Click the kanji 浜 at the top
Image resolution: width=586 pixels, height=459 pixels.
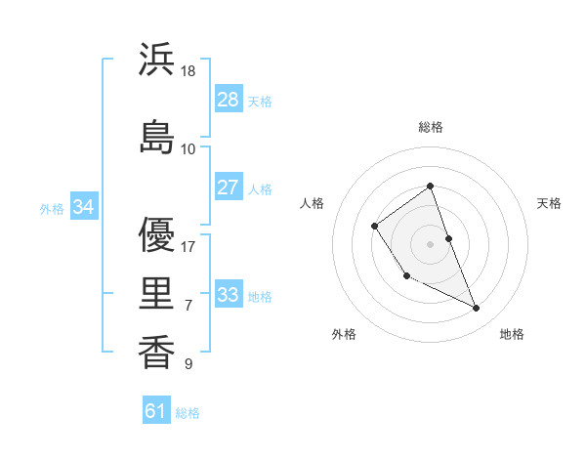pos(157,60)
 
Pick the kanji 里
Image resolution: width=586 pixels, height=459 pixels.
pos(157,292)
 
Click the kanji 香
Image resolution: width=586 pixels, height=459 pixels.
pos(157,351)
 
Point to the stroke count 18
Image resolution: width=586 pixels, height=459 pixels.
pos(189,71)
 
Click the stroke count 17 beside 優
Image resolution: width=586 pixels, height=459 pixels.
pos(189,247)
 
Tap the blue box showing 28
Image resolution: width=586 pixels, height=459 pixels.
pos(229,100)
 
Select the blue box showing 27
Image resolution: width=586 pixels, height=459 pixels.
pos(229,188)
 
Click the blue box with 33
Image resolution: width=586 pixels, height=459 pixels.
pos(229,295)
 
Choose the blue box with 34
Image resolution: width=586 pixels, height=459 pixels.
pos(84,207)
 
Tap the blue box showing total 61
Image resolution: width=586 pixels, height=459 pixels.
pos(156,411)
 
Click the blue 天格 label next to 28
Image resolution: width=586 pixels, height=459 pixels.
pos(260,102)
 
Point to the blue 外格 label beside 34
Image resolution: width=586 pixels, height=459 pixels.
pos(52,208)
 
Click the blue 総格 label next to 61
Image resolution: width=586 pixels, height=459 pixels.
pos(188,413)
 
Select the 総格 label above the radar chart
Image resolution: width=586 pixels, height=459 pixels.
pos(431,127)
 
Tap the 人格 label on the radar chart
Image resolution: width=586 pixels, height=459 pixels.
pos(313,203)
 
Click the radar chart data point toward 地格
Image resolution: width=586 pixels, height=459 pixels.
pos(477,309)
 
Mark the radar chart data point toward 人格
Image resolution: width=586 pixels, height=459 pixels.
pos(375,227)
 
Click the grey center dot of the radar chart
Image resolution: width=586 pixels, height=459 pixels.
pos(431,243)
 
